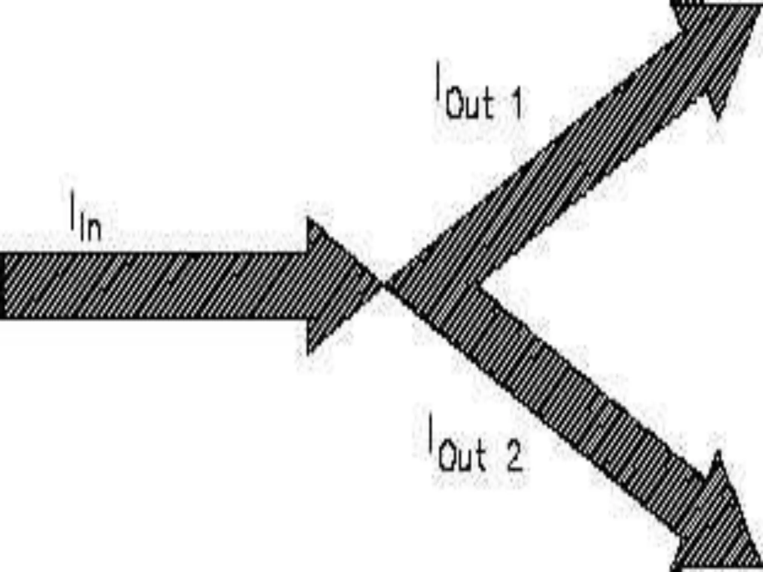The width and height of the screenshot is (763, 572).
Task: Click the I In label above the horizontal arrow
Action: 86,216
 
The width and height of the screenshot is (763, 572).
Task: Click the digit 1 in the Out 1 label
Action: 517,104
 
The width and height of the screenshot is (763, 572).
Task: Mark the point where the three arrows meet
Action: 384,285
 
